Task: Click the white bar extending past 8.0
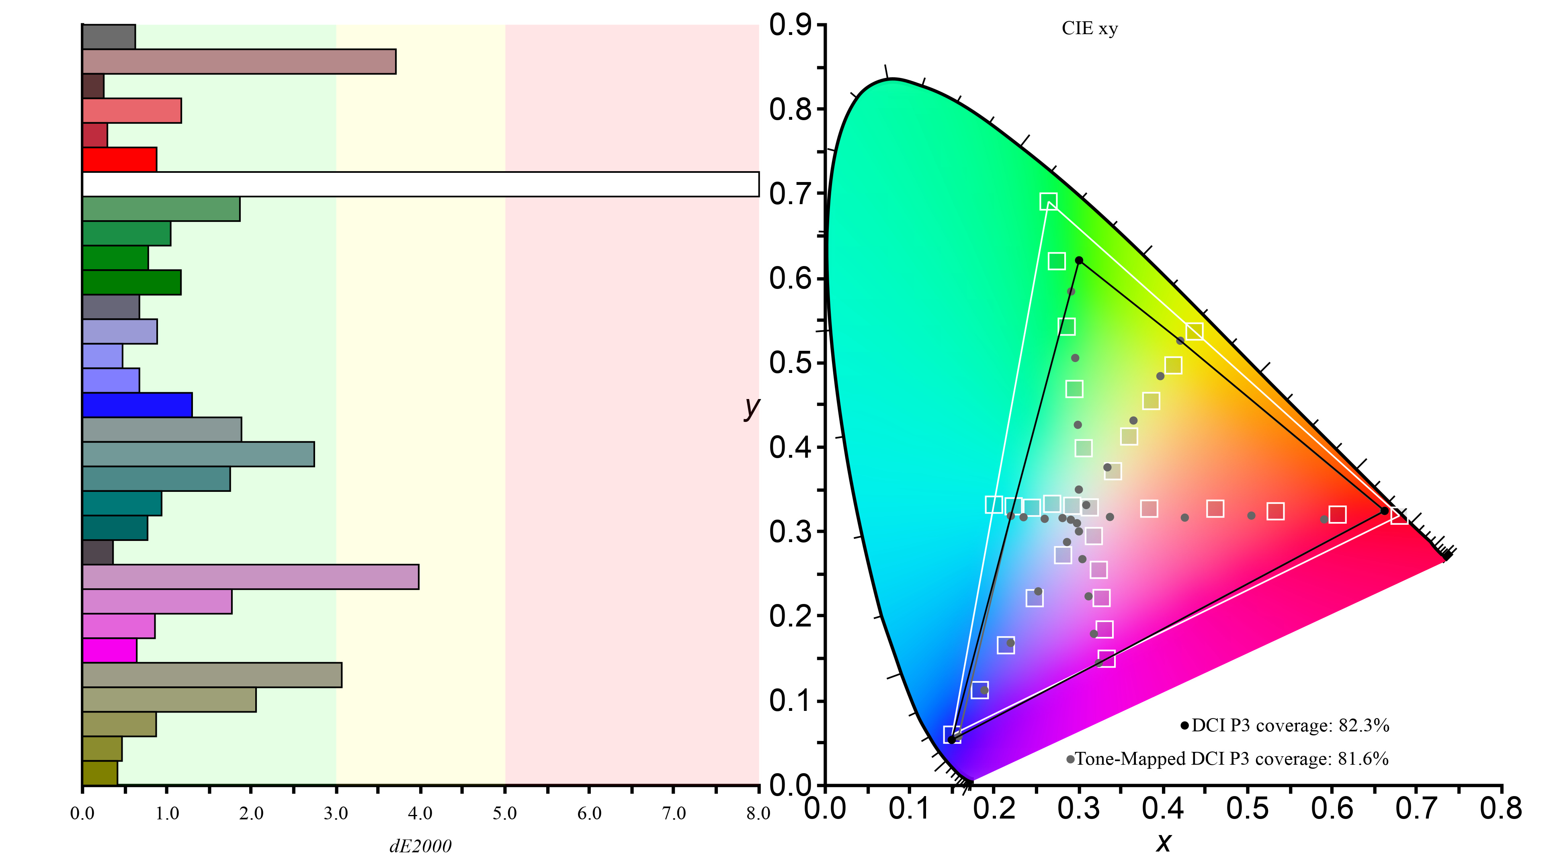click(x=419, y=184)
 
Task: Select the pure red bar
click(x=119, y=160)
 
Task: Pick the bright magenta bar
click(x=110, y=651)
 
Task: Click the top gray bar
click(x=109, y=37)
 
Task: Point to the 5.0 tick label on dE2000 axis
click(x=504, y=813)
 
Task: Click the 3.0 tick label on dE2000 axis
click(x=336, y=813)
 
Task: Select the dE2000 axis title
click(x=420, y=846)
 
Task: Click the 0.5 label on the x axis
click(x=1247, y=809)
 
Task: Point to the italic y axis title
click(x=751, y=407)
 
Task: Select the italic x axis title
click(x=1163, y=843)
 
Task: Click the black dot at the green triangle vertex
click(x=1079, y=260)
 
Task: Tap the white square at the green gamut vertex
click(x=1048, y=202)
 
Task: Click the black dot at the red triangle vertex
click(x=1384, y=510)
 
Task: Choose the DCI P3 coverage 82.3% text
click(x=1290, y=725)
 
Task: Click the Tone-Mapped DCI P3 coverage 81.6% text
click(x=1232, y=759)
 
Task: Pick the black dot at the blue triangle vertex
click(x=951, y=740)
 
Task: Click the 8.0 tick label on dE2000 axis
click(x=758, y=813)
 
